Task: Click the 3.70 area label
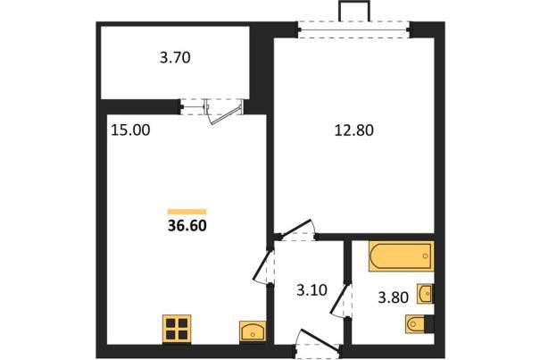click(x=175, y=57)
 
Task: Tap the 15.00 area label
click(x=130, y=130)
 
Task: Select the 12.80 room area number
click(x=354, y=130)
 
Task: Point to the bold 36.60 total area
click(x=187, y=225)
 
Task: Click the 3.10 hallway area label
click(x=312, y=290)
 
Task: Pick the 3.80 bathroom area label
click(x=394, y=297)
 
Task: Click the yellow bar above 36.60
click(x=187, y=212)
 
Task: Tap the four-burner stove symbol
click(x=177, y=329)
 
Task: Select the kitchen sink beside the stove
click(x=253, y=331)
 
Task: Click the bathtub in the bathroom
click(x=402, y=256)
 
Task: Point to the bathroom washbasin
click(x=425, y=294)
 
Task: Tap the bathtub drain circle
click(x=425, y=256)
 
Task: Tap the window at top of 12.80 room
click(x=353, y=29)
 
